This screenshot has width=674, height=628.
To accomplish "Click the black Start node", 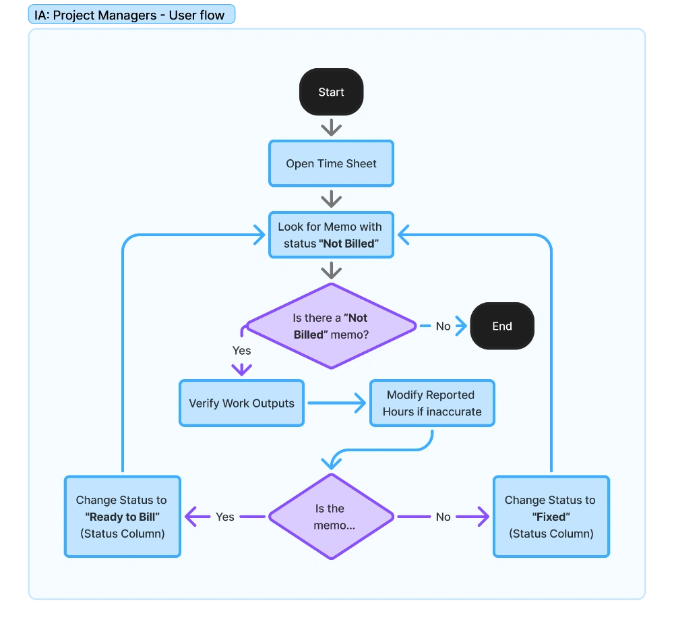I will (331, 92).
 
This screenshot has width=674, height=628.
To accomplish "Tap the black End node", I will (502, 326).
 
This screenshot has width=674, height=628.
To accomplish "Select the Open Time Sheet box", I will (331, 163).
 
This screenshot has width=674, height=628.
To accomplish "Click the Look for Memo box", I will (331, 235).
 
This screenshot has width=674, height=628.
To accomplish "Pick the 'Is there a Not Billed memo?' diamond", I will (331, 326).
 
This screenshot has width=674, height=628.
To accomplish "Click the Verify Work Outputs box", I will (241, 403).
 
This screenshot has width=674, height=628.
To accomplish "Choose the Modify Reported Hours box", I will (432, 403).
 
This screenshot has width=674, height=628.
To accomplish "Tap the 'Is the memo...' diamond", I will (331, 517).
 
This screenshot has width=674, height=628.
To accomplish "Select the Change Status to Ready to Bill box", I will (123, 517).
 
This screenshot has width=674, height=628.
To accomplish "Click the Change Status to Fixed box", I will (551, 517).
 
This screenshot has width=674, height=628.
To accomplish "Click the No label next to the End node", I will (443, 326).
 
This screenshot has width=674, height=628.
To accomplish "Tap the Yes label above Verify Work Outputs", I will (241, 351).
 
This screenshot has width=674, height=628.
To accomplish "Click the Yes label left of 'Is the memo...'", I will (225, 517).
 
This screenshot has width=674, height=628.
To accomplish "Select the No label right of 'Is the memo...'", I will (443, 517).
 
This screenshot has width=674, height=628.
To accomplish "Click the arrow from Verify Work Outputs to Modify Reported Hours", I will (336, 403).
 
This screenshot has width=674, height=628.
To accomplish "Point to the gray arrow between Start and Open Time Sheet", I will (331, 127).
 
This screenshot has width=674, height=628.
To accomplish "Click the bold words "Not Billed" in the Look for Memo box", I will (348, 244).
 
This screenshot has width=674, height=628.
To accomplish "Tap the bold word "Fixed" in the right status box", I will (551, 517).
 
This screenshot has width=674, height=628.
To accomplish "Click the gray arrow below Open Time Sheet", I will (331, 199).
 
